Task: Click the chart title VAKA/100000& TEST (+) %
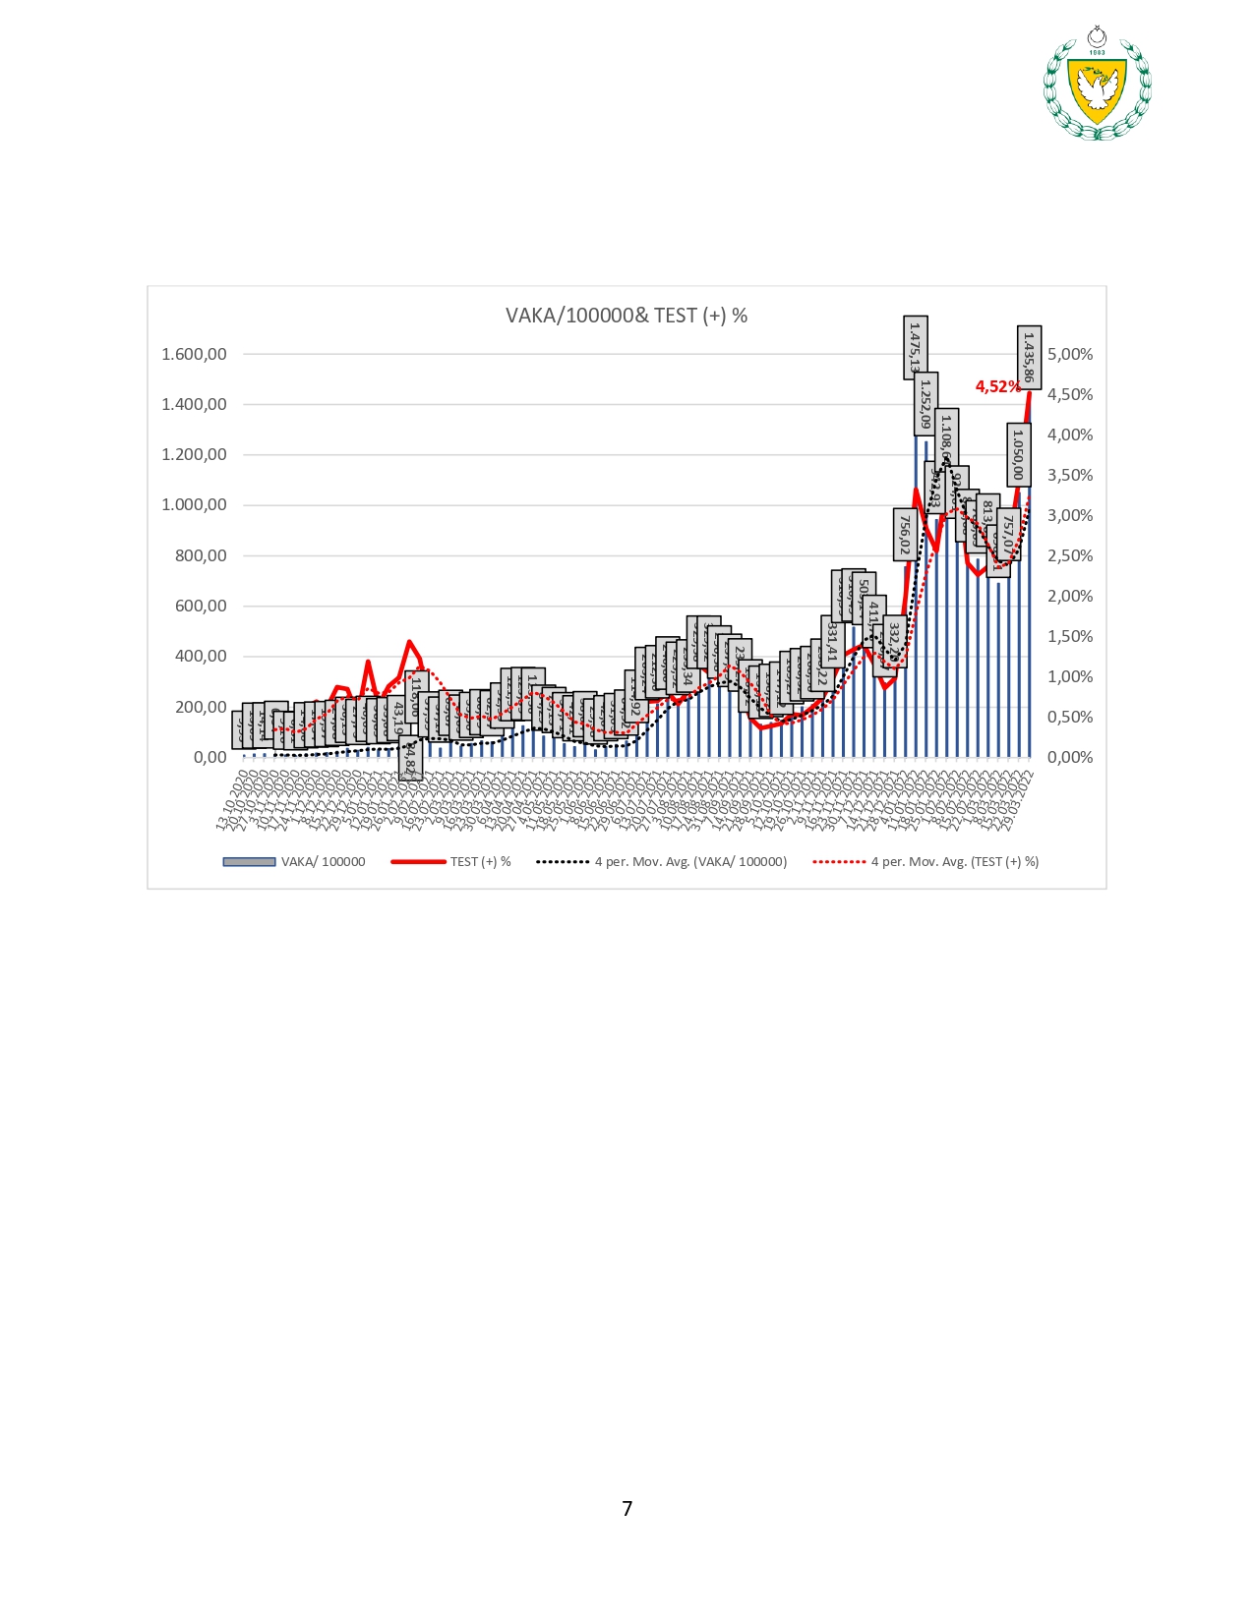pyautogui.click(x=627, y=316)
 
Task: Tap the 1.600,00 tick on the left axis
pyautogui.click(x=194, y=354)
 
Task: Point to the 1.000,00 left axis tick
pyautogui.click(x=194, y=505)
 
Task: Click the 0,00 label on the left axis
pyautogui.click(x=209, y=757)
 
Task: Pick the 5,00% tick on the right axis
pyautogui.click(x=1070, y=354)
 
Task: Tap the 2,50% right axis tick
pyautogui.click(x=1070, y=555)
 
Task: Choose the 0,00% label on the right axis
pyautogui.click(x=1070, y=757)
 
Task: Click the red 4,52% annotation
pyautogui.click(x=997, y=386)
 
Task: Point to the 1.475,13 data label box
pyautogui.click(x=916, y=347)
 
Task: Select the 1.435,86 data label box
pyautogui.click(x=1029, y=357)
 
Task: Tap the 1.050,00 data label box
pyautogui.click(x=1018, y=453)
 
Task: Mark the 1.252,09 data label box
pyautogui.click(x=926, y=404)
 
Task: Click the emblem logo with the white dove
pyautogui.click(x=1097, y=86)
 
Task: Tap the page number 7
pyautogui.click(x=627, y=1508)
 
